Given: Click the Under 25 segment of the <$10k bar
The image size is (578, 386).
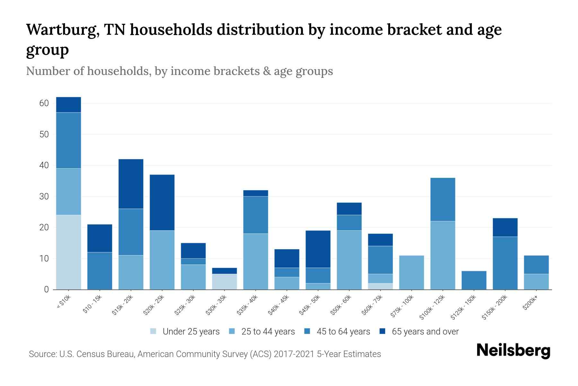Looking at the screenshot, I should pos(68,252).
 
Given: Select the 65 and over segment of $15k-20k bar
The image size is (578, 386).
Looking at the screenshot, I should pos(131,184).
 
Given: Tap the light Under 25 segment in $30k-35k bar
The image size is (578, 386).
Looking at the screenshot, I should pos(224,281).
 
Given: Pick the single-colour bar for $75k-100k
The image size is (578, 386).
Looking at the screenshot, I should pos(412,272).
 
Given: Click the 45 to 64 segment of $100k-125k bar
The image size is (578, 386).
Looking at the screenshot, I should pos(443,199).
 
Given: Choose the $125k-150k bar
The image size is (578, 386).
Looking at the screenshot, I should pos(474,280).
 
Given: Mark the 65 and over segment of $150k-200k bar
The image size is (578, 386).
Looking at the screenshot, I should pos(505,227).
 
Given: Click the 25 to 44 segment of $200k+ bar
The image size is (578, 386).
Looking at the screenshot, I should pos(536,281).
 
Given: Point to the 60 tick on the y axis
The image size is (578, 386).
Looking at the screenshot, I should pos(44,103).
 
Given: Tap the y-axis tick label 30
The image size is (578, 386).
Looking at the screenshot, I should pos(44,197).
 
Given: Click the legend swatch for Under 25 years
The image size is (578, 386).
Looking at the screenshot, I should pos(153,331).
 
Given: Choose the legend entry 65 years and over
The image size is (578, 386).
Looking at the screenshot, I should pos(425,332).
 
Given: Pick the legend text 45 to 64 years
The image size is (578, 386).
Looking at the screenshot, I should pos(343,332).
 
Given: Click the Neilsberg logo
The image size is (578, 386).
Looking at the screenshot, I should pos(513,351).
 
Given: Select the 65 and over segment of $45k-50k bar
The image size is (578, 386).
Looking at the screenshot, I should pos(318,249).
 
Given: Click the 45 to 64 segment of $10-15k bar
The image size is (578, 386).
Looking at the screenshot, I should pos(100,271).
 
